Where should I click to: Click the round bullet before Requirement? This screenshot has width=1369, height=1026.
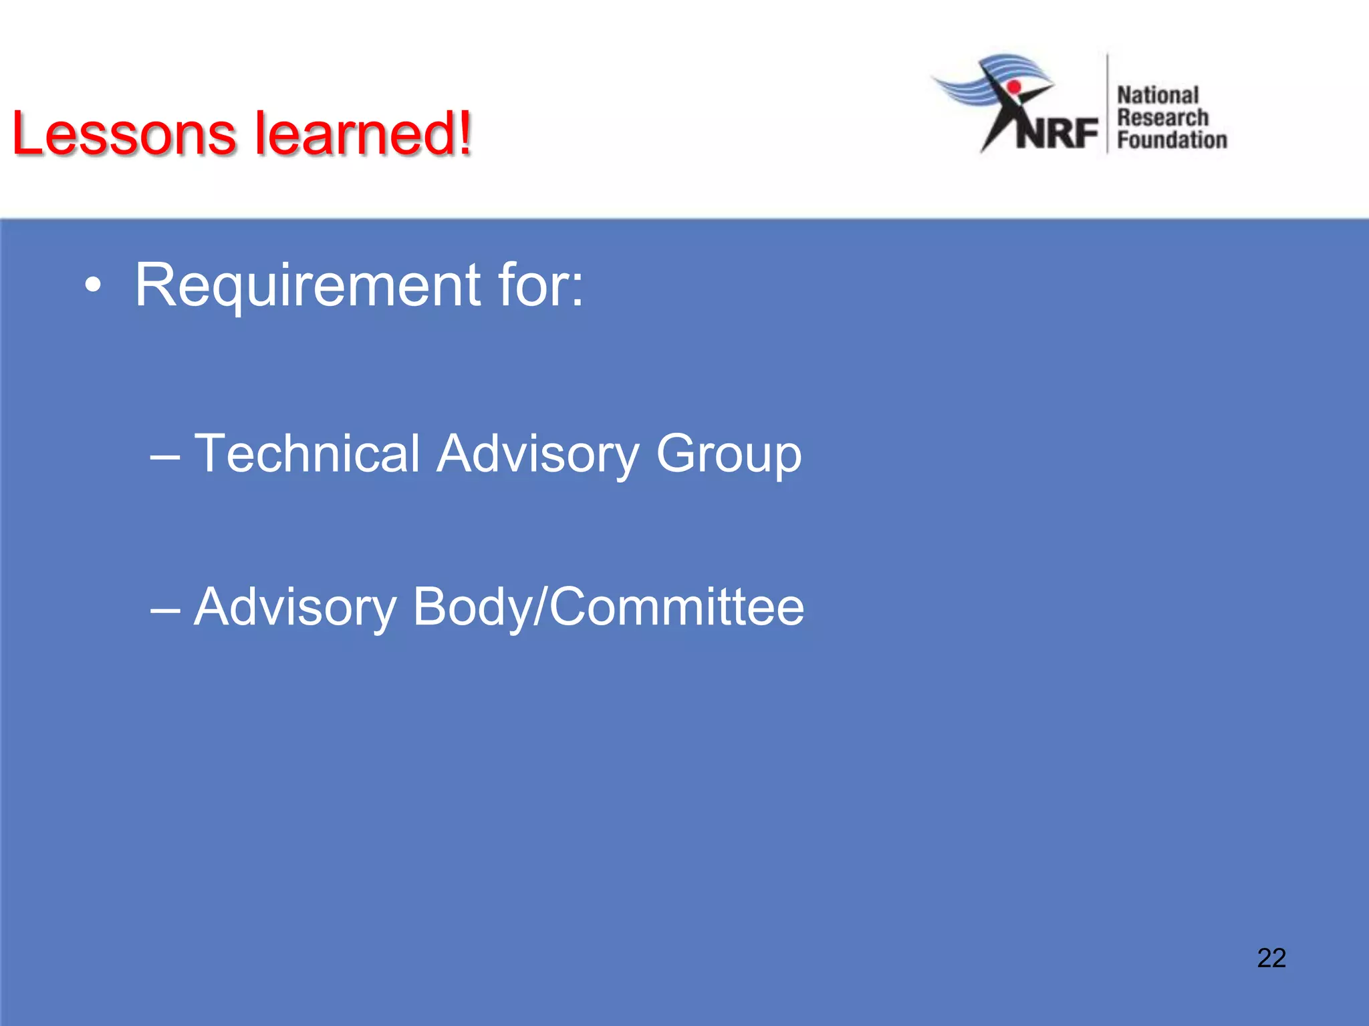coord(94,287)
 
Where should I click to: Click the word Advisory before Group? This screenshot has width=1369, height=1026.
coord(538,455)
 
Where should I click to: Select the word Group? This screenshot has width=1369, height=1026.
coord(729,455)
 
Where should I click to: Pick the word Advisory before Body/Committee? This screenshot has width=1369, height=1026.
coord(295,608)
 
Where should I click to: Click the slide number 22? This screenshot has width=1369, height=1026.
coord(1271,958)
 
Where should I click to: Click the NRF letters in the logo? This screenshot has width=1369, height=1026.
coord(1057,133)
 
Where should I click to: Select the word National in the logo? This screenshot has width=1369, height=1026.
coord(1158,96)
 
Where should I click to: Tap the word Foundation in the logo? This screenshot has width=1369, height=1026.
coord(1172,140)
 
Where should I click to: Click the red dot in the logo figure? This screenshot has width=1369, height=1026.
coord(1014,87)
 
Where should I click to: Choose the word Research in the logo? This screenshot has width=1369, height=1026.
coord(1163,118)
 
